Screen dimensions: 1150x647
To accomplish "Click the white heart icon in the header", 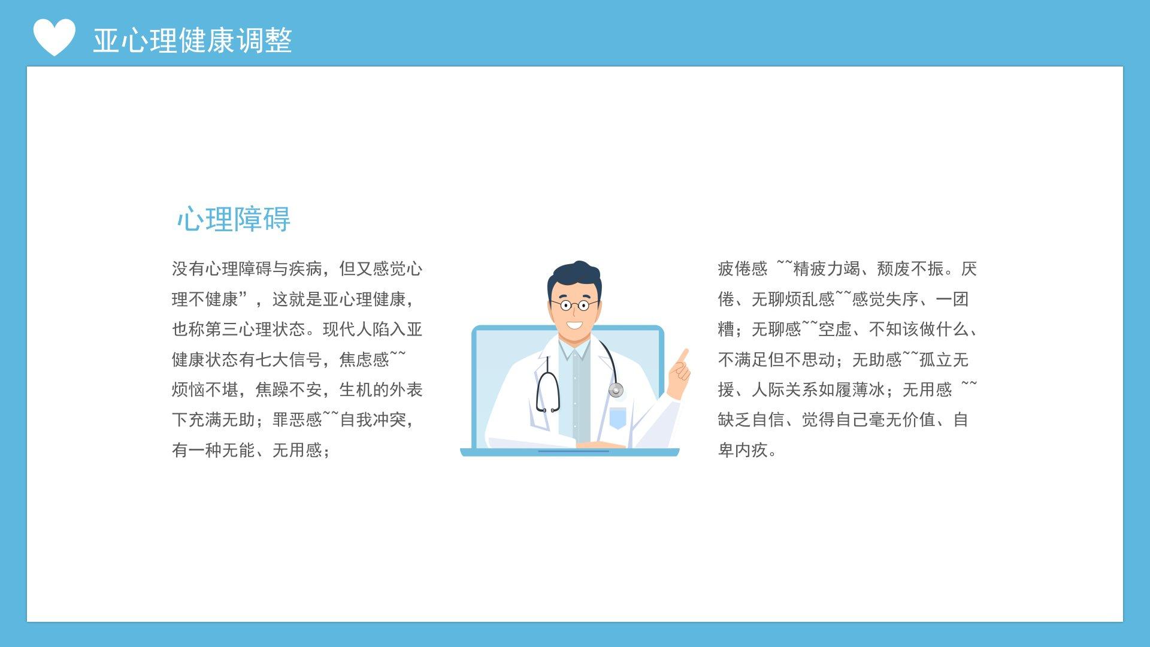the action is tap(54, 37).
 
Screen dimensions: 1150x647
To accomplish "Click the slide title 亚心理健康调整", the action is tap(192, 41).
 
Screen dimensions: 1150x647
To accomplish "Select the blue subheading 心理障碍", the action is tap(234, 219).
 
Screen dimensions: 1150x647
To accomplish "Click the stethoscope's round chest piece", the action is tap(616, 391).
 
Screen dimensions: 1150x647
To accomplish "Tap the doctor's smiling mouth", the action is tap(574, 326).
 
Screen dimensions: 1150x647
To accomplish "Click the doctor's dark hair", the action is tap(574, 279).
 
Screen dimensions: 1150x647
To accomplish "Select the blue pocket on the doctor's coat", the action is tap(618, 418).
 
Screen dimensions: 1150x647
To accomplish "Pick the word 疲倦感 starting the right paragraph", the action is tap(743, 268).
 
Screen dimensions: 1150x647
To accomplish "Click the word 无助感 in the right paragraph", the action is tap(877, 359).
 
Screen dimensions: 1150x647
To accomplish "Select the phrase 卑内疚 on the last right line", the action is tap(743, 450).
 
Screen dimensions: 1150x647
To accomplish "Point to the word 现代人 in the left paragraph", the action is tap(347, 329).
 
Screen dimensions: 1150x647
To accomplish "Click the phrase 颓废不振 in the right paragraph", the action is tap(910, 268).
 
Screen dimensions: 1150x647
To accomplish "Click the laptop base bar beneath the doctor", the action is tap(570, 452).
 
